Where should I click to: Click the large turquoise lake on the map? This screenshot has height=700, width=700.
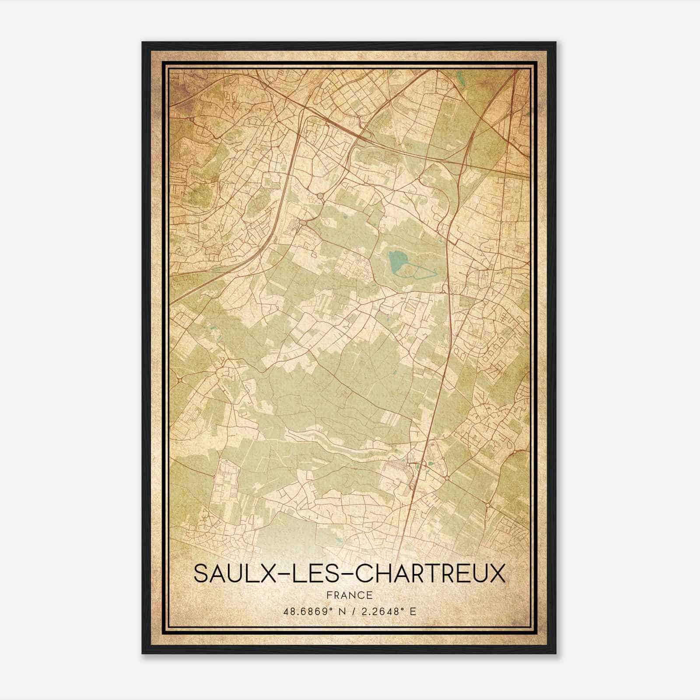pyautogui.click(x=396, y=262)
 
